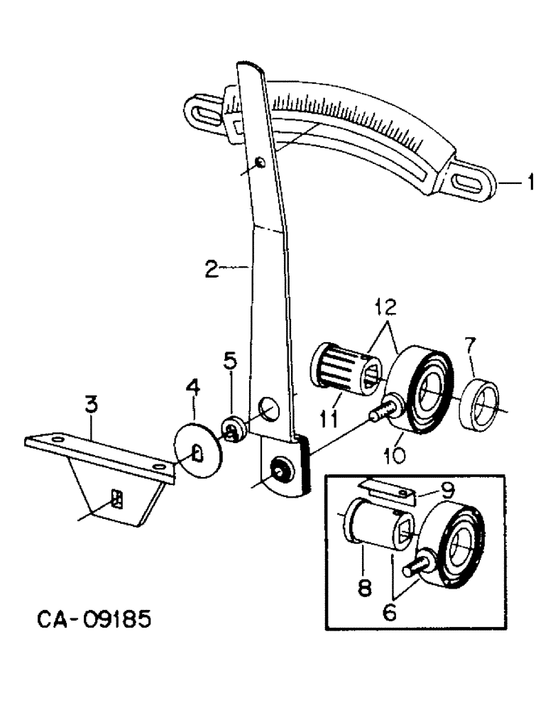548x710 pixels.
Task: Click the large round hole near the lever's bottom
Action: coord(270,410)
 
